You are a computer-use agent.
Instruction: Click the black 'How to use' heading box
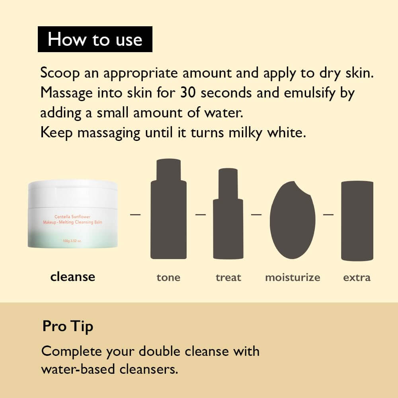coord(95,39)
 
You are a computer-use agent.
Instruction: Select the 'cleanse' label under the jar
coord(73,277)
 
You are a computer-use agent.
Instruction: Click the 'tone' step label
coord(168,277)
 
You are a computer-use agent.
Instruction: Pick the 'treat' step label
coord(228,277)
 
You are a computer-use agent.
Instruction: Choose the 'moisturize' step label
coord(293,277)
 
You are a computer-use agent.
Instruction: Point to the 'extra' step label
coord(357,277)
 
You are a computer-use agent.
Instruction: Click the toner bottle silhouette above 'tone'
coord(168,211)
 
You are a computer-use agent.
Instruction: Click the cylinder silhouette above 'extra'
coord(357,221)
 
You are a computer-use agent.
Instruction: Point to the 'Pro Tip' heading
coord(68,326)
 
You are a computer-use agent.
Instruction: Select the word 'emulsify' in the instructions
coord(306,93)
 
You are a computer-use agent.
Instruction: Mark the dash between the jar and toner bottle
coord(136,214)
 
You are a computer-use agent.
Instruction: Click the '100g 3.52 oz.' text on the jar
coord(72,241)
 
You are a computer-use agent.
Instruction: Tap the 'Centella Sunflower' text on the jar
coord(72,217)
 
